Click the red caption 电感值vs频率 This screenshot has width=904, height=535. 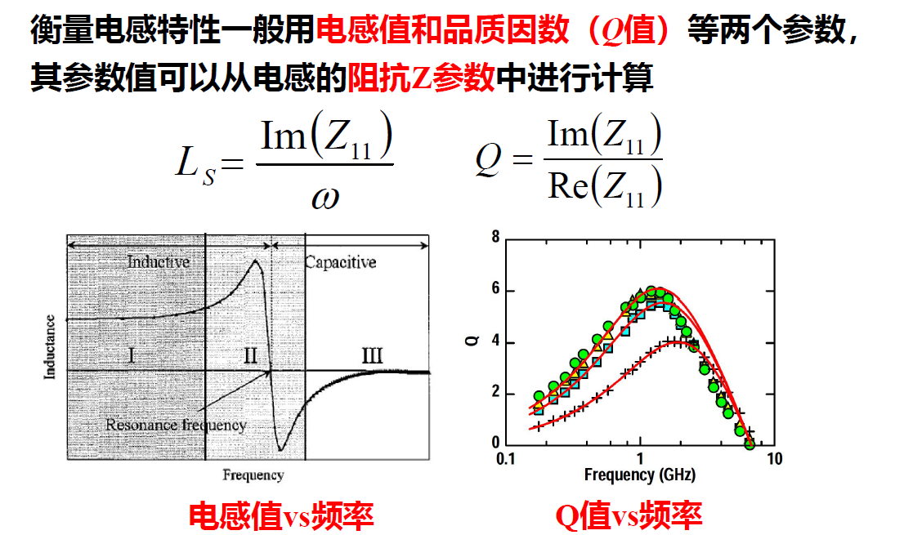pos(281,515)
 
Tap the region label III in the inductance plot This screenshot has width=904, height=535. pos(371,355)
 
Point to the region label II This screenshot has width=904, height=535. pos(250,355)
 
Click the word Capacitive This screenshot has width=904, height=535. pos(340,262)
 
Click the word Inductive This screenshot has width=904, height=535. pos(159,262)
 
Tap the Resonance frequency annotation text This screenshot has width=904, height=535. pos(176,425)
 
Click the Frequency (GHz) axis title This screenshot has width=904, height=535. pos(640,475)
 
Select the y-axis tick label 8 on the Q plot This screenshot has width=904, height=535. pos(495,238)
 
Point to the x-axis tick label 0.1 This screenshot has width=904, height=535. pos(506,459)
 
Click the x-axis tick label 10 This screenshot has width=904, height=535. pos(774,459)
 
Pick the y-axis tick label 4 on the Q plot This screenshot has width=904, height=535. pos(495,342)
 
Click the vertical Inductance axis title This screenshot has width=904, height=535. pos(51,346)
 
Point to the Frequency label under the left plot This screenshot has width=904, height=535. pos(253,475)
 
